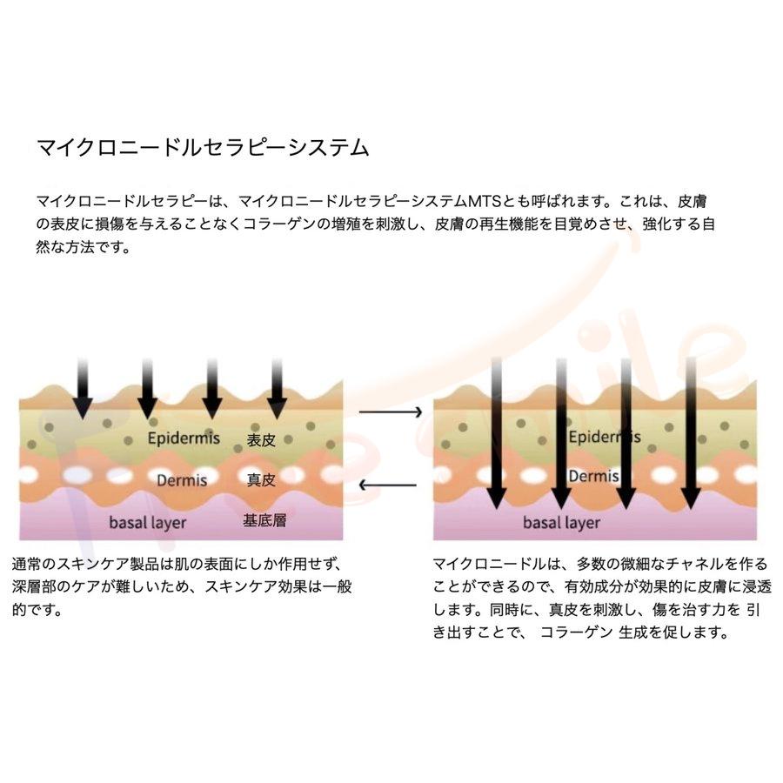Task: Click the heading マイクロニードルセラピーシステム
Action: point(203,146)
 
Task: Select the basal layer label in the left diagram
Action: point(147,522)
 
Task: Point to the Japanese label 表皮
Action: point(261,440)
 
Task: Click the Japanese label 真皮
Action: point(261,480)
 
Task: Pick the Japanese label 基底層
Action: point(264,521)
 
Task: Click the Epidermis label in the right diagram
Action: point(604,436)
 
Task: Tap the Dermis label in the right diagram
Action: point(593,477)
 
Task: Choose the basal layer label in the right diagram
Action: point(561,523)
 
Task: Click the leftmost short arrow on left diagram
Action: point(82,386)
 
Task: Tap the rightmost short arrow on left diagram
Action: point(277,386)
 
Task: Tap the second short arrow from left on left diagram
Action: point(147,386)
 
